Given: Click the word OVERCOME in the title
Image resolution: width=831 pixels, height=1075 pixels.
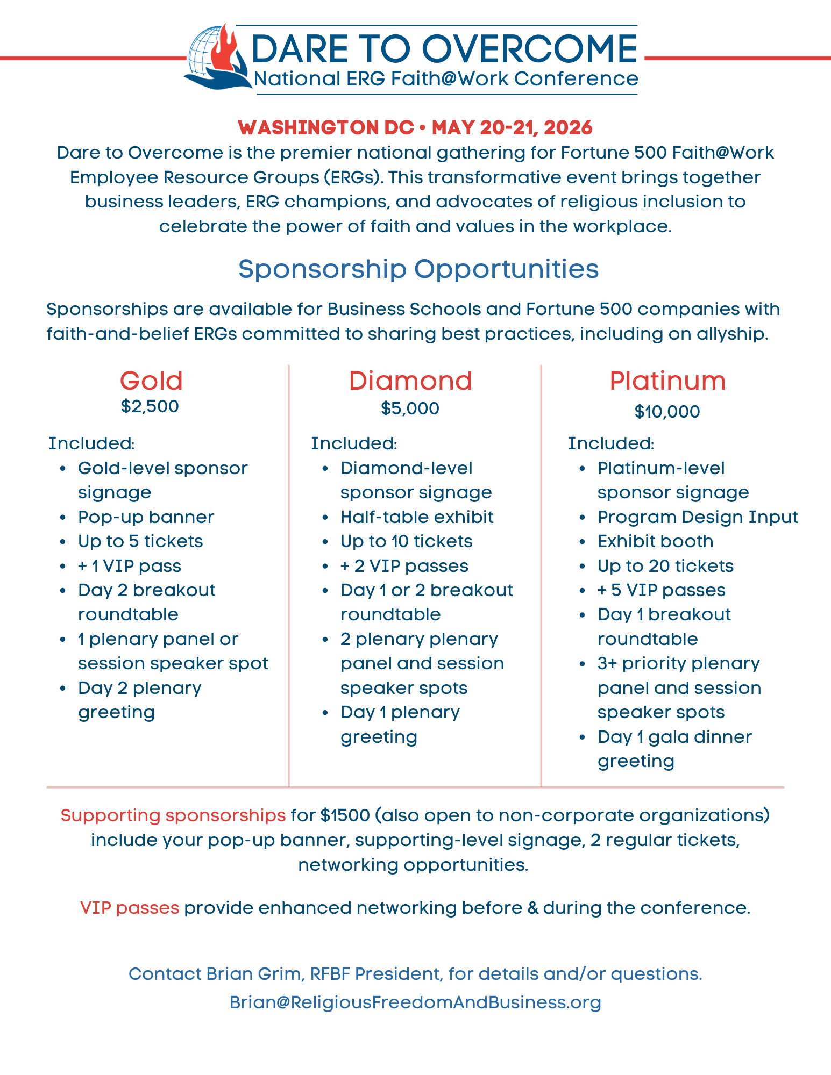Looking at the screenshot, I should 532,49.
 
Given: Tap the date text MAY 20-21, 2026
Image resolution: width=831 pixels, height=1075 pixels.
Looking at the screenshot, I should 512,128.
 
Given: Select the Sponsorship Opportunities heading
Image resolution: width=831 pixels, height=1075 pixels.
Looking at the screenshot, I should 418,269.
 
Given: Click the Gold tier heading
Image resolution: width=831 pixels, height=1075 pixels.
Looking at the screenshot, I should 151,381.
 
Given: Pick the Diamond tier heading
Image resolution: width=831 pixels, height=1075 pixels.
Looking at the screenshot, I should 410,381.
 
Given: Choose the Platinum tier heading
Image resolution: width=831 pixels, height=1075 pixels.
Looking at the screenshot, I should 667,381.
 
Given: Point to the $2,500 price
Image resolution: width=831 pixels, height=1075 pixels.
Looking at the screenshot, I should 150,406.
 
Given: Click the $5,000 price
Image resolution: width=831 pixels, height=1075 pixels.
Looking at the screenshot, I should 410,408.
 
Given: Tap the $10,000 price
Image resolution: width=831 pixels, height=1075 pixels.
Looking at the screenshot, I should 667,412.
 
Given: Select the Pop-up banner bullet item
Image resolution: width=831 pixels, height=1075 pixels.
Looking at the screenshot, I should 146,517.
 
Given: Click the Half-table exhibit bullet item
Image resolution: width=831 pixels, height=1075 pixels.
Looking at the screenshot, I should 417,517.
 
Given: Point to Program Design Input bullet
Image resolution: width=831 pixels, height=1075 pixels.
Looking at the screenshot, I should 698,517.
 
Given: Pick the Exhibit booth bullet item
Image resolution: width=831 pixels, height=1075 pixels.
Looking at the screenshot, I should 655,541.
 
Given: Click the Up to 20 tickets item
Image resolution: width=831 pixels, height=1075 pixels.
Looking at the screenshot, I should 665,566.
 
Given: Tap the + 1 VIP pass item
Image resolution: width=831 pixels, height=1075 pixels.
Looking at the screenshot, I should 130,566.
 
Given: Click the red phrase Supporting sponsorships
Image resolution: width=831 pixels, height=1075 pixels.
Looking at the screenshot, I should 173,815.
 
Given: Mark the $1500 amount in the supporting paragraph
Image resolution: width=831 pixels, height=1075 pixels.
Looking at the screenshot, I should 345,815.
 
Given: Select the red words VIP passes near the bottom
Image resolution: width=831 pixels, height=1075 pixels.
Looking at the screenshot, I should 130,908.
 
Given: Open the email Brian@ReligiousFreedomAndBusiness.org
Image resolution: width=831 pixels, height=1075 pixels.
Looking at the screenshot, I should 415,1002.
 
